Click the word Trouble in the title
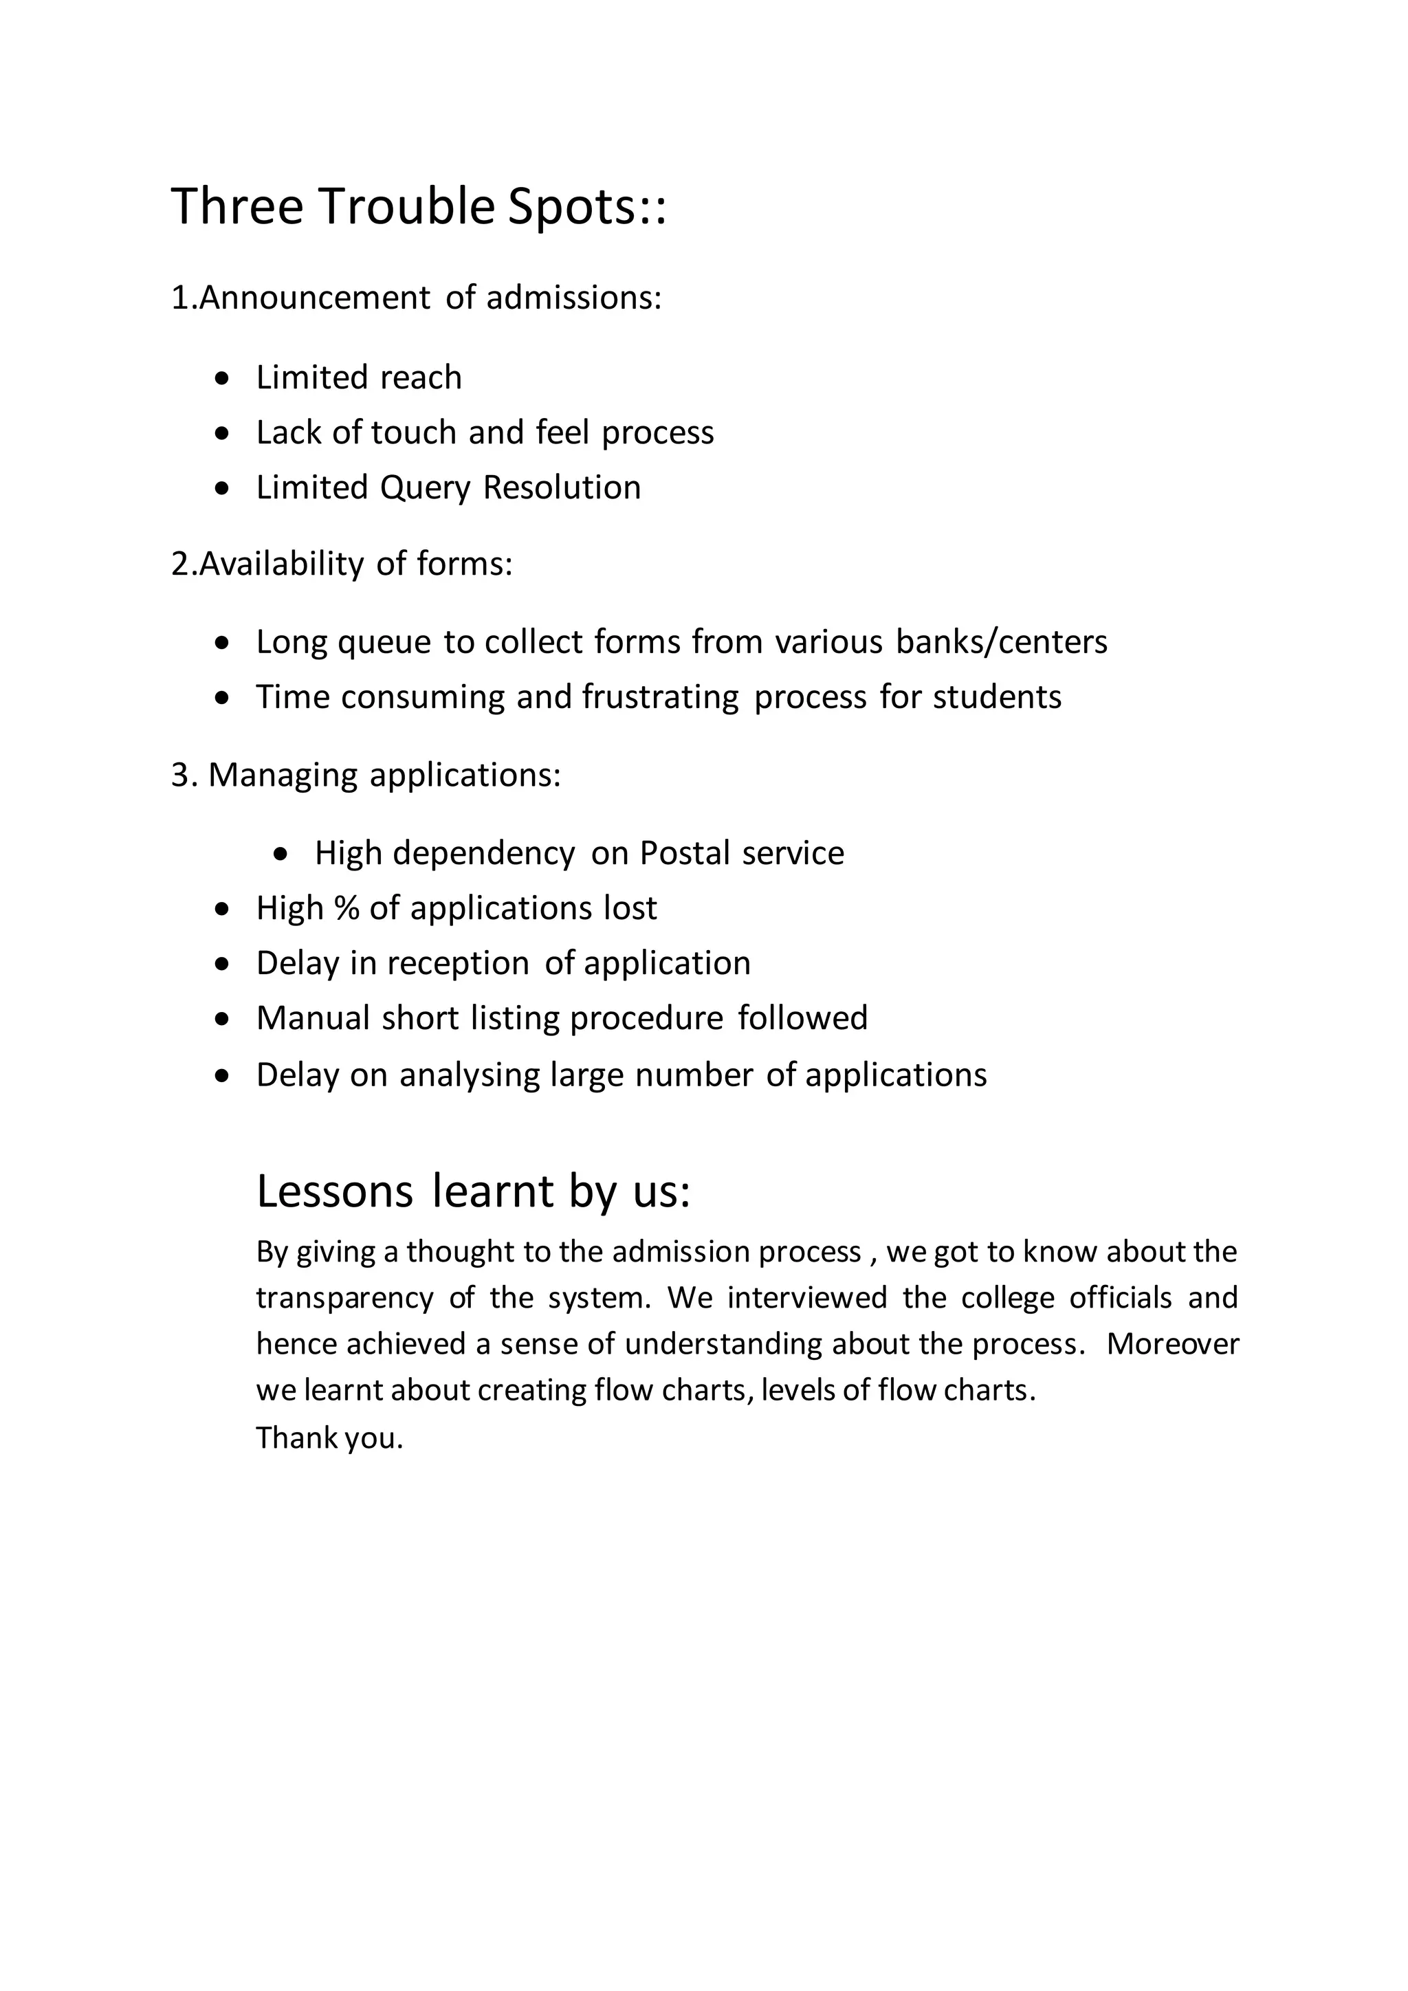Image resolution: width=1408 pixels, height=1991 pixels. point(406,207)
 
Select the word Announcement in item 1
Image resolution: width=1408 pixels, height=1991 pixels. point(314,298)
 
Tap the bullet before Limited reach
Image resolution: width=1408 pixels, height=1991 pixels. point(223,378)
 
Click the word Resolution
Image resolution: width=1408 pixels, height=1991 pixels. point(562,487)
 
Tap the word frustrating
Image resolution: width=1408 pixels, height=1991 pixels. point(660,697)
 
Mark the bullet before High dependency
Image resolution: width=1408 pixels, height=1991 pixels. point(280,854)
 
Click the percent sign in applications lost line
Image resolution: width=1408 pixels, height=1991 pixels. point(346,908)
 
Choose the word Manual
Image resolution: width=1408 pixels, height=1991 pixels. point(313,1018)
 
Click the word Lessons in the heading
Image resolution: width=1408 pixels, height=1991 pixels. point(335,1191)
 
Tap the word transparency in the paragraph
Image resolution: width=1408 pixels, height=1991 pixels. point(344,1298)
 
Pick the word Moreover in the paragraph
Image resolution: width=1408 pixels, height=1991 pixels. point(1172,1344)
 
